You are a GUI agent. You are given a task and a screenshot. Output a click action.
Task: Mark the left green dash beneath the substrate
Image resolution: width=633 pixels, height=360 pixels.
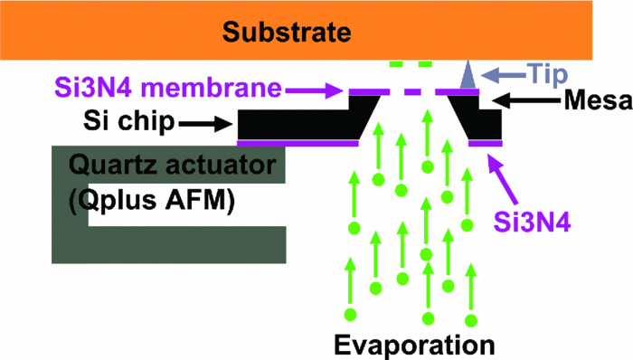click(395, 65)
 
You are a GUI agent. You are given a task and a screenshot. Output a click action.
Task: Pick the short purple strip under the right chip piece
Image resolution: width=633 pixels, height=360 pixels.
click(485, 143)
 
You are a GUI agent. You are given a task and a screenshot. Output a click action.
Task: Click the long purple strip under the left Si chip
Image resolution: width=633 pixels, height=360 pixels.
click(298, 143)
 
